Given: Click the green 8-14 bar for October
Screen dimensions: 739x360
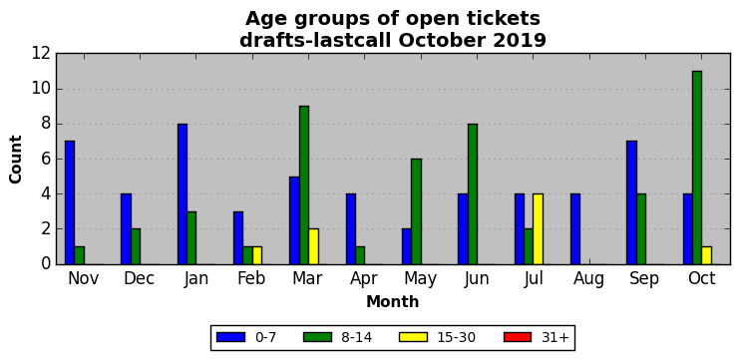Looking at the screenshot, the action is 697,168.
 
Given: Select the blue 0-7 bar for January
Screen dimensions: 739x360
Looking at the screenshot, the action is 183,194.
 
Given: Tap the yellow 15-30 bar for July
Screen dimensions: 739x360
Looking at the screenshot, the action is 538,229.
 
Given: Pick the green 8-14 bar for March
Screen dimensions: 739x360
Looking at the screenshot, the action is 304,185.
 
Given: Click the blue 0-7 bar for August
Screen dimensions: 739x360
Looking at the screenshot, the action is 575,229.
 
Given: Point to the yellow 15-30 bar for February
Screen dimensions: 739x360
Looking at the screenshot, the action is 257,255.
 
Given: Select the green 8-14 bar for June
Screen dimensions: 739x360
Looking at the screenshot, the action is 473,194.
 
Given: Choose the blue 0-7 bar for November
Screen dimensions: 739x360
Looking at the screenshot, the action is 70,202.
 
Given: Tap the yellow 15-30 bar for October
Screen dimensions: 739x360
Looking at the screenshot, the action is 706,255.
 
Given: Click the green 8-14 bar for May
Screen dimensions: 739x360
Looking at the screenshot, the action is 416,211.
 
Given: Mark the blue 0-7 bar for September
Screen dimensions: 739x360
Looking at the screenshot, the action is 631,202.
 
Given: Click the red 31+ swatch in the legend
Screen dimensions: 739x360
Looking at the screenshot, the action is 518,337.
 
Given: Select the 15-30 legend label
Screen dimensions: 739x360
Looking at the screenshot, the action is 455,337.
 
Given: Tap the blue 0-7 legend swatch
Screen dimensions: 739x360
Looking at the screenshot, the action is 231,337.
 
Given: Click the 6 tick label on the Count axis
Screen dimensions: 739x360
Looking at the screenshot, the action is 45,160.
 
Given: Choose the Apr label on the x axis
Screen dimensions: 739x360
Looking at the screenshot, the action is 364,278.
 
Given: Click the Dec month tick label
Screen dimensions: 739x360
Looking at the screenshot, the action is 139,278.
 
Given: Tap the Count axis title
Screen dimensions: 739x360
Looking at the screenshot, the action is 16,160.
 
